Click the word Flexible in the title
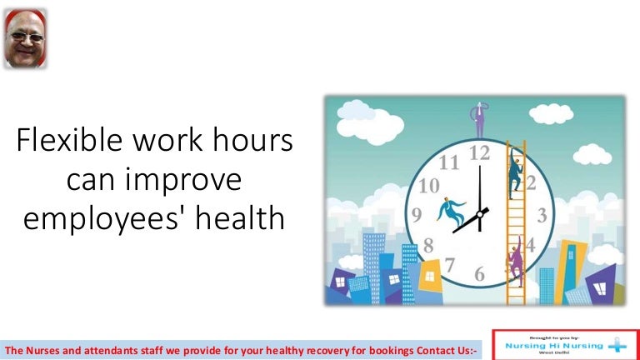pyautogui.click(x=69, y=142)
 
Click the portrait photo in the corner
pyautogui.click(x=24, y=38)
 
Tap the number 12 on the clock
pyautogui.click(x=479, y=153)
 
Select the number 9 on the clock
pyautogui.click(x=417, y=215)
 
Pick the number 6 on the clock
pyautogui.click(x=479, y=274)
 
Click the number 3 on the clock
pyautogui.click(x=541, y=215)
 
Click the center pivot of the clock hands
pyautogui.click(x=480, y=214)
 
